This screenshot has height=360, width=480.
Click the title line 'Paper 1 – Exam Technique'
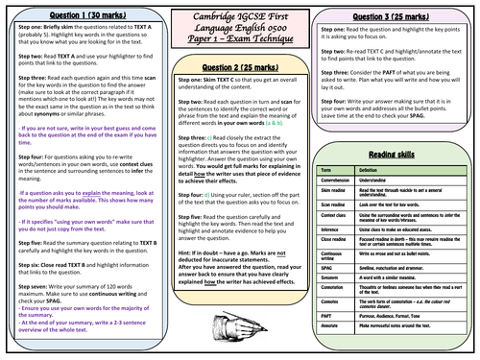coord(240,42)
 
